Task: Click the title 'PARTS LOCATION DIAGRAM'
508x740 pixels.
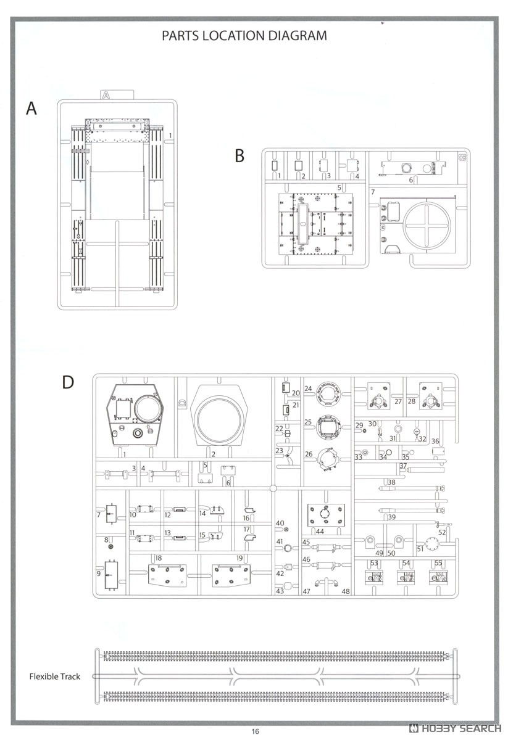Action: coord(244,36)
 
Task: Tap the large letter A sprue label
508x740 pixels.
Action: coord(31,109)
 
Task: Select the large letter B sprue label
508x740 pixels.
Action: coord(239,155)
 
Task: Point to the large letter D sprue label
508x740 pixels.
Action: coord(68,382)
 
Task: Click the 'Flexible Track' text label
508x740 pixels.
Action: coord(54,676)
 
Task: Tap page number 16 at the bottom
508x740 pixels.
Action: coord(255,731)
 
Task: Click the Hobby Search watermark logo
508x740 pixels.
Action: coord(455,728)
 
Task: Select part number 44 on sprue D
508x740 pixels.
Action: coord(320,532)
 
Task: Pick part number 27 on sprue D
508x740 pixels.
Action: coord(398,401)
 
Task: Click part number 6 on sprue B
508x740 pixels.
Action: coord(410,180)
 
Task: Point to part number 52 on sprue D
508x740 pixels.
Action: coord(442,532)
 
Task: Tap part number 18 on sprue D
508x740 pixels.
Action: coord(159,558)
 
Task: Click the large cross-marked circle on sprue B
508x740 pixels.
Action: coord(427,226)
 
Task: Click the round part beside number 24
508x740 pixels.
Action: coord(328,394)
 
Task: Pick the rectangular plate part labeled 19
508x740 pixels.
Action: coord(231,575)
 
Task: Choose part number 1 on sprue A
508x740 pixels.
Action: coord(170,136)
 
